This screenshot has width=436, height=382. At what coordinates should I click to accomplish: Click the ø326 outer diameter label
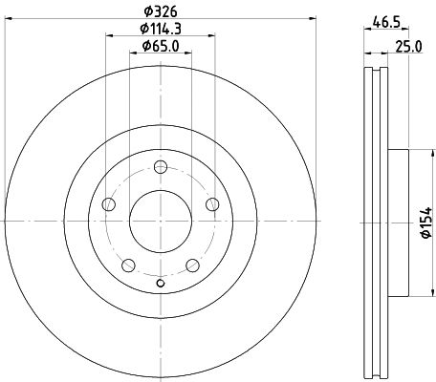(x=161, y=11)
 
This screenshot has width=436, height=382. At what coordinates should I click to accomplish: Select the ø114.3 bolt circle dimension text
(x=162, y=29)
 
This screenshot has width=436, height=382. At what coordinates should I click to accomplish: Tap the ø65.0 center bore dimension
(x=162, y=46)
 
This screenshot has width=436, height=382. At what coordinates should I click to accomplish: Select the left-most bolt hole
(x=108, y=204)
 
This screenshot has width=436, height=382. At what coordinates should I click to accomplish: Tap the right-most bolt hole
(x=213, y=203)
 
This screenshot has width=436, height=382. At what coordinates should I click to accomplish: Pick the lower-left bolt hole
(x=128, y=265)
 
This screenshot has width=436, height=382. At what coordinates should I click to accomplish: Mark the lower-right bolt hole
(x=193, y=265)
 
